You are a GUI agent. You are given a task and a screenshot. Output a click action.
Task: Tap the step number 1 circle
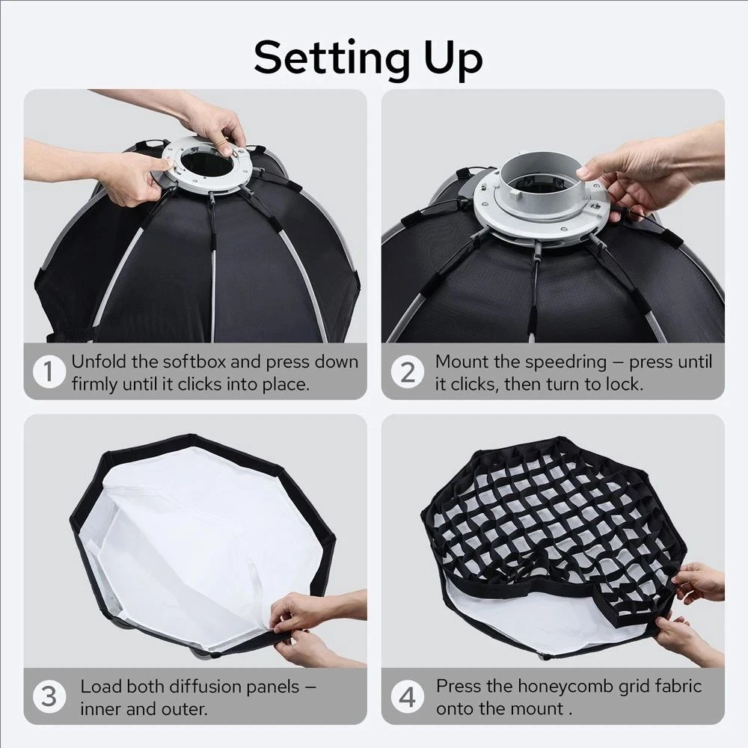(x=49, y=372)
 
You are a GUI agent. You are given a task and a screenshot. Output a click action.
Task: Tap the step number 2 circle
(x=407, y=372)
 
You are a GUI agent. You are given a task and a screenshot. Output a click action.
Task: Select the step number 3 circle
(x=49, y=697)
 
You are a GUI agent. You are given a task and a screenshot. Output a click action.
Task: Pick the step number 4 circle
(x=407, y=697)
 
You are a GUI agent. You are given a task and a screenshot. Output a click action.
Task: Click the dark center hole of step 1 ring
(x=207, y=164)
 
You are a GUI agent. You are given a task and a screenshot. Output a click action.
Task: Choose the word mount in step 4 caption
(x=536, y=709)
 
